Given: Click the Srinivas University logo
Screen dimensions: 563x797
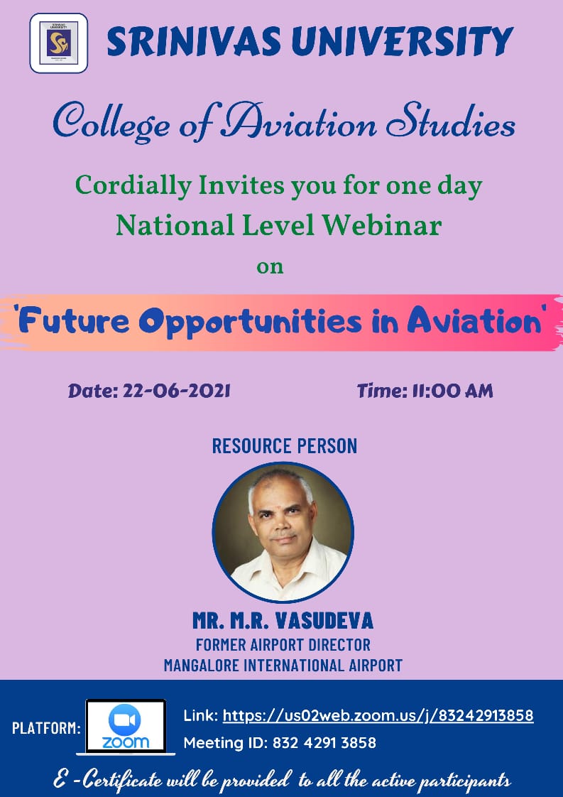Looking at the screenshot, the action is [x=58, y=43].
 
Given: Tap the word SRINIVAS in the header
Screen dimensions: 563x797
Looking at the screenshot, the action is [x=194, y=41].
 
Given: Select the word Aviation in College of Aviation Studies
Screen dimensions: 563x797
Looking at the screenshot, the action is [x=298, y=122].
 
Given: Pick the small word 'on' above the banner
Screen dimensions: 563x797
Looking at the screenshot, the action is [x=270, y=267].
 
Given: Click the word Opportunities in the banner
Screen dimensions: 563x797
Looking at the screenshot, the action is [x=250, y=322].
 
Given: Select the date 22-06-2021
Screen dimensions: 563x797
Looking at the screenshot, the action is [x=177, y=391].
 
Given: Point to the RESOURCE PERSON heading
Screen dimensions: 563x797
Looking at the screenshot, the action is [x=285, y=446].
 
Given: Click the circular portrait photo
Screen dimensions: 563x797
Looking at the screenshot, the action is [x=283, y=532].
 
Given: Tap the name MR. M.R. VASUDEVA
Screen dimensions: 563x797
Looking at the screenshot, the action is [x=283, y=621].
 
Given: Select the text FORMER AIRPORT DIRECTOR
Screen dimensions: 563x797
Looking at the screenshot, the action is [x=283, y=644].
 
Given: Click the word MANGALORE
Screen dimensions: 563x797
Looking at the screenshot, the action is [x=203, y=665].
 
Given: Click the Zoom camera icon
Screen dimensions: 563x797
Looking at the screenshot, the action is [x=124, y=720].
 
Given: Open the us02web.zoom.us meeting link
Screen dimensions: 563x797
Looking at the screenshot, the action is [x=378, y=716].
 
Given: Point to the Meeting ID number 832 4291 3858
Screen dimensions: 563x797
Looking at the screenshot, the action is [x=324, y=742].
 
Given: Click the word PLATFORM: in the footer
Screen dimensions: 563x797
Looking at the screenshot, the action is [x=46, y=728].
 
